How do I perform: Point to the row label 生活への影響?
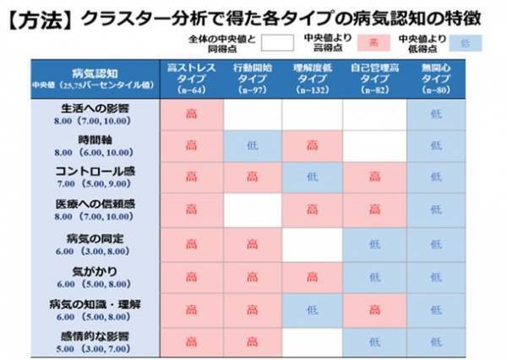94,109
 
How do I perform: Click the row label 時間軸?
94,140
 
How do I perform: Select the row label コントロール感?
94,172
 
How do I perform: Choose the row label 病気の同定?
94,238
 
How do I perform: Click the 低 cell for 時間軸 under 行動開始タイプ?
252,145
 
